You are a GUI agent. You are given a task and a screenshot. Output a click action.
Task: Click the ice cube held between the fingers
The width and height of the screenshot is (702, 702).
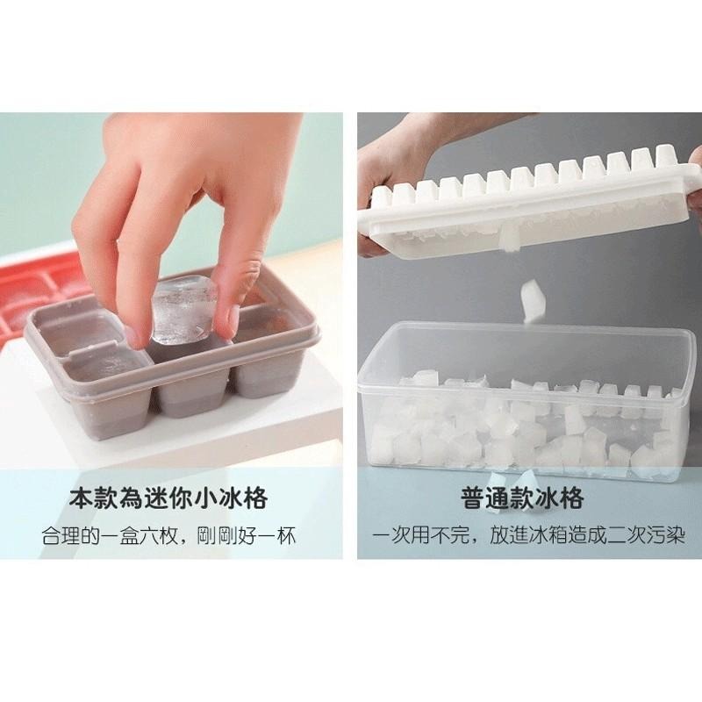click(183, 310)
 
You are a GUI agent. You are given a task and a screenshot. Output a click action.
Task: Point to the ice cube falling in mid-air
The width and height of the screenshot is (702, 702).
click(533, 300)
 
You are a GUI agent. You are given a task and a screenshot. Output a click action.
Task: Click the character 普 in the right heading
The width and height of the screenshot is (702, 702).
click(473, 498)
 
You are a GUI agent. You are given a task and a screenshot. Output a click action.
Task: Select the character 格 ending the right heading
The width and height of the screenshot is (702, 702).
click(572, 498)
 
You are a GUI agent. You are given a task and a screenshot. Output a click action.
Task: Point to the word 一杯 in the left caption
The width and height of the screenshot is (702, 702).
click(276, 535)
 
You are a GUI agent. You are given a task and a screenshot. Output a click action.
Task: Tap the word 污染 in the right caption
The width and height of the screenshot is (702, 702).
click(666, 535)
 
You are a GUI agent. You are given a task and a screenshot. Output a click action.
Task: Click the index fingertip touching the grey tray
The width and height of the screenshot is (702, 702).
click(137, 335)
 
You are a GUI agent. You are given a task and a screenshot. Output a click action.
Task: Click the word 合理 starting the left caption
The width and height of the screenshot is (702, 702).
click(61, 535)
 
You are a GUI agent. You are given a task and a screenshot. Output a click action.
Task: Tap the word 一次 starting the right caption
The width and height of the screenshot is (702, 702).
click(391, 535)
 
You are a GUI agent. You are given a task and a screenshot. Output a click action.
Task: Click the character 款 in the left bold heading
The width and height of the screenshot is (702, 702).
click(106, 498)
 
